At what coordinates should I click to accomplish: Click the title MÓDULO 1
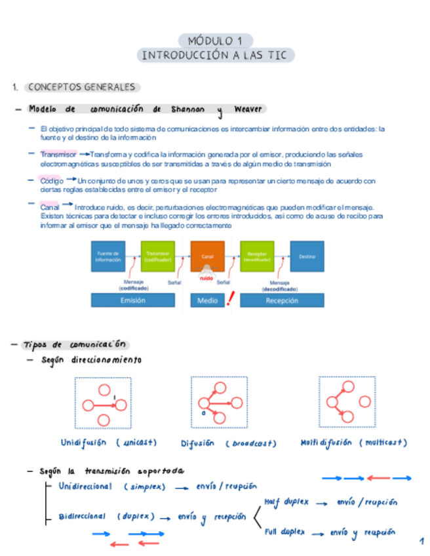pyautogui.click(x=215, y=40)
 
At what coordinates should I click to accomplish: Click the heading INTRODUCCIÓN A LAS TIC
pyautogui.click(x=215, y=55)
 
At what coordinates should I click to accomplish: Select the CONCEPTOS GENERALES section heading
pyautogui.click(x=82, y=87)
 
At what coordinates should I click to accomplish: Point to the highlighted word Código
pyautogui.click(x=52, y=180)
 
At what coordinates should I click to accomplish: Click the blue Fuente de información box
pyautogui.click(x=107, y=256)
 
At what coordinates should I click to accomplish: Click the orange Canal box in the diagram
pyautogui.click(x=207, y=256)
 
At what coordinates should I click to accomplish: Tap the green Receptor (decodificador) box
pyautogui.click(x=257, y=256)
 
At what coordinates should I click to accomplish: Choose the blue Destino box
pyautogui.click(x=307, y=256)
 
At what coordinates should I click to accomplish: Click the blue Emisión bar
pyautogui.click(x=132, y=300)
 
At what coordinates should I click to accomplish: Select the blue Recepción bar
pyautogui.click(x=282, y=300)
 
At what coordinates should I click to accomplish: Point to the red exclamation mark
pyautogui.click(x=230, y=300)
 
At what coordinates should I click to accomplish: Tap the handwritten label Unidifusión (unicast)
pyautogui.click(x=109, y=443)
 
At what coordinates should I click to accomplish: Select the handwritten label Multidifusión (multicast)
pyautogui.click(x=354, y=443)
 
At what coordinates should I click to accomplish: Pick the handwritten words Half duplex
pyautogui.click(x=286, y=502)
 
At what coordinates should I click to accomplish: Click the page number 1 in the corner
pyautogui.click(x=421, y=542)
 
